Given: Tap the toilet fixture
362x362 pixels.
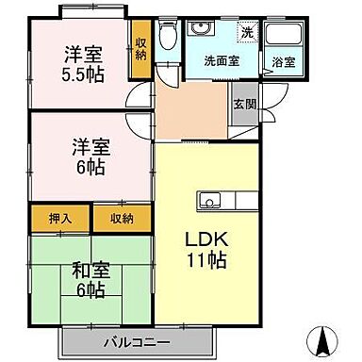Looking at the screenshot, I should pyautogui.click(x=167, y=38).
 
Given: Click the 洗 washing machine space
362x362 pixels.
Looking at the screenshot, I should pyautogui.click(x=246, y=32).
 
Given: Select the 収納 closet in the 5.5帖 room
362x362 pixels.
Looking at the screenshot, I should pyautogui.click(x=140, y=46).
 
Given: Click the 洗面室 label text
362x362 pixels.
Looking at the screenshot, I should pyautogui.click(x=222, y=60).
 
